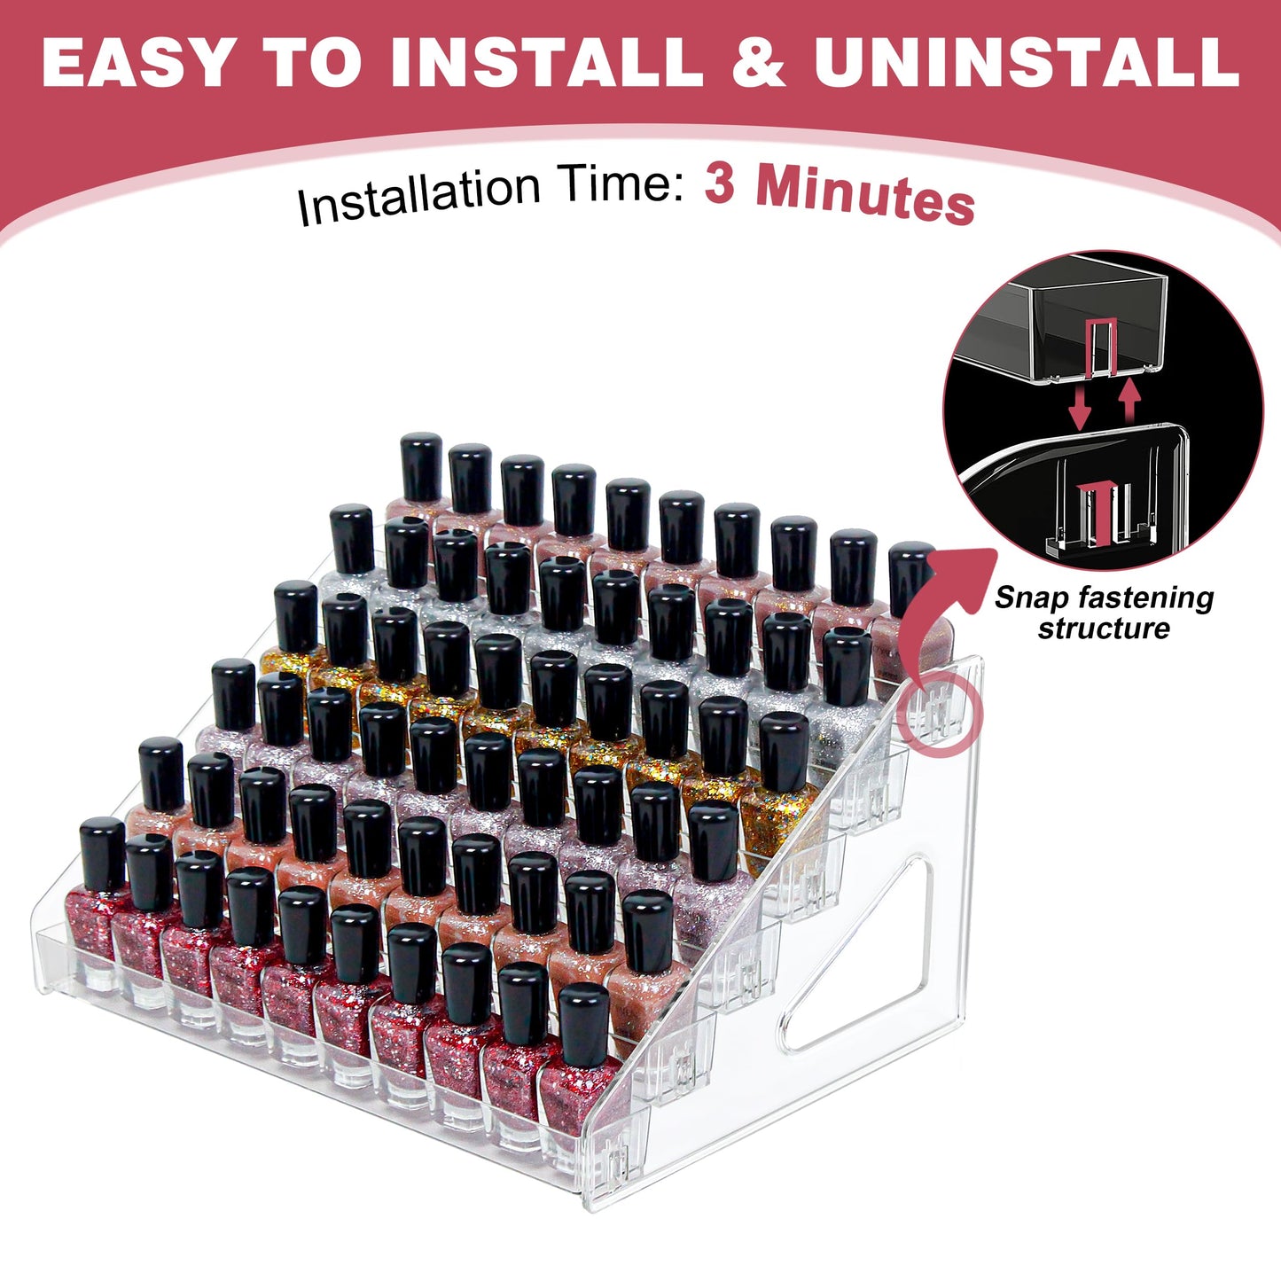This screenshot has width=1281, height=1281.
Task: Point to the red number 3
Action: click(720, 184)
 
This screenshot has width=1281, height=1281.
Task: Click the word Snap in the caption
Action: click(1030, 598)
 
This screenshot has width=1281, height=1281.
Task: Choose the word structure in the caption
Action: click(1104, 629)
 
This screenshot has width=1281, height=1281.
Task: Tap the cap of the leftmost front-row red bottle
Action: click(103, 853)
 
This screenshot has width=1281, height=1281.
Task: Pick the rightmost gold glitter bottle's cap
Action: click(784, 749)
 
